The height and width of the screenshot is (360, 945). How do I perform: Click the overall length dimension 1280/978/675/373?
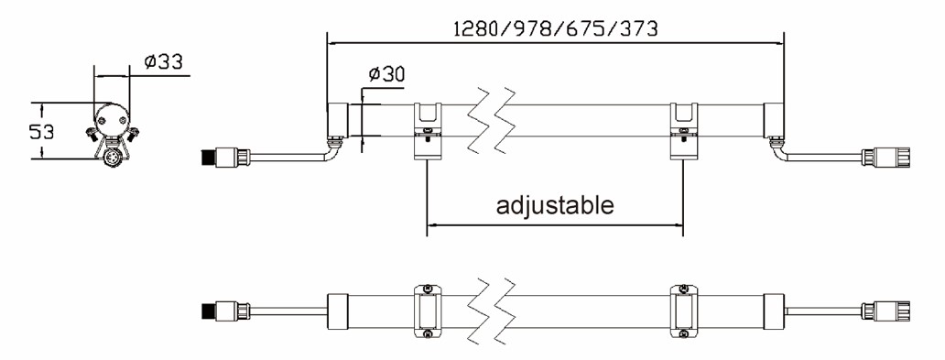556,28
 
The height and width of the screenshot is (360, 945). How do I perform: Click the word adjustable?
555,205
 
